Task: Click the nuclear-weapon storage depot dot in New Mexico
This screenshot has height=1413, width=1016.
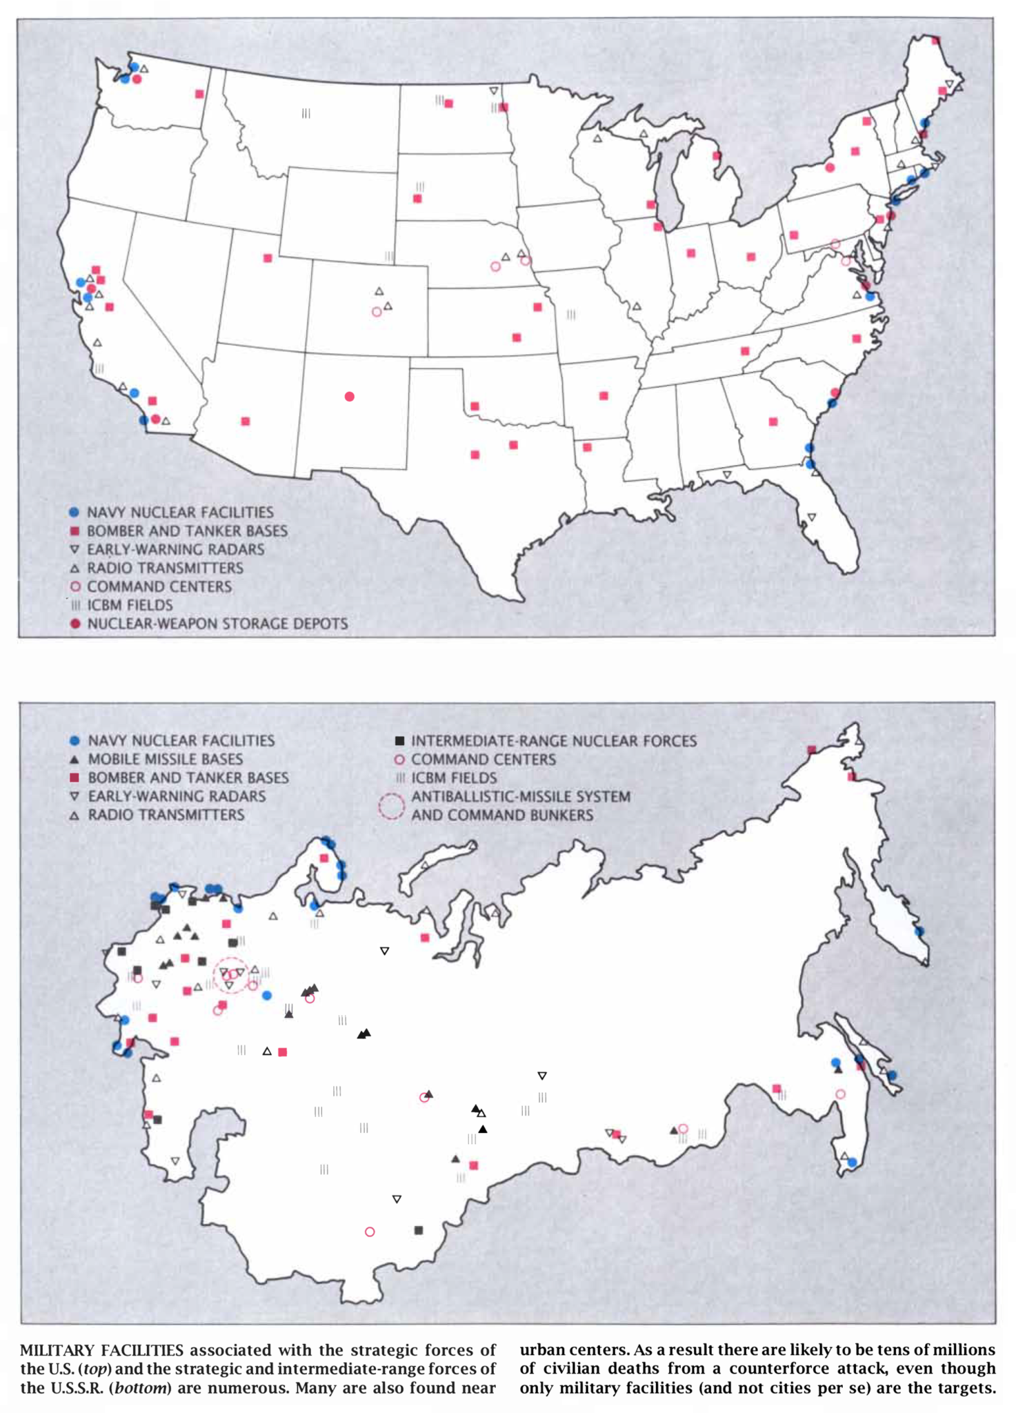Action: tap(350, 396)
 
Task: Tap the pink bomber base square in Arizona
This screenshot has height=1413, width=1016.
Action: tap(246, 421)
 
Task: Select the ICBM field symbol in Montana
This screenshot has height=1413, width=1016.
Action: tap(306, 113)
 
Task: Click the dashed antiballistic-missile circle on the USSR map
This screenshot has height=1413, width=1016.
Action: tap(232, 974)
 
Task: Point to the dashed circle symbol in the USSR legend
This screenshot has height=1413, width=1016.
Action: tap(391, 805)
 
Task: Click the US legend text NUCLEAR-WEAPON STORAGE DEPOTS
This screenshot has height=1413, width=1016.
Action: tap(217, 624)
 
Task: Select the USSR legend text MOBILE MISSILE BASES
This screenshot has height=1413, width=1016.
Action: tap(165, 759)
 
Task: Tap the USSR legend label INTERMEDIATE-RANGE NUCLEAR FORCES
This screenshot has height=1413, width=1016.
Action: tap(554, 740)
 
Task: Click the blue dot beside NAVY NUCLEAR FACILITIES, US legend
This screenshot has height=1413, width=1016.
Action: tap(74, 513)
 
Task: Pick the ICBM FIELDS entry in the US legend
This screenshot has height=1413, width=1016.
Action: tap(130, 605)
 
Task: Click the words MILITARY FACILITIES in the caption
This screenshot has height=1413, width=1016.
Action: tap(102, 1350)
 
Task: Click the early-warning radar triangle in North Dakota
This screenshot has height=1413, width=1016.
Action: tap(494, 91)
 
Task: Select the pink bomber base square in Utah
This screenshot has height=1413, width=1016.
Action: tap(268, 258)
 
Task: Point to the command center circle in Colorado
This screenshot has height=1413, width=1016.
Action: tap(377, 312)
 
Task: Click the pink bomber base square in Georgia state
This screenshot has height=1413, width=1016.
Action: tap(773, 422)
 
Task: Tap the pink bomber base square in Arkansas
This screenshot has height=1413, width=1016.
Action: tap(604, 396)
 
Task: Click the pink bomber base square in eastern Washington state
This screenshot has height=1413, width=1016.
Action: tap(199, 94)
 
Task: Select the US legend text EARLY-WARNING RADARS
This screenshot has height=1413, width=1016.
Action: tap(175, 549)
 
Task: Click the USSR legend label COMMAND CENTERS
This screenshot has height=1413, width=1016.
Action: tap(483, 759)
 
